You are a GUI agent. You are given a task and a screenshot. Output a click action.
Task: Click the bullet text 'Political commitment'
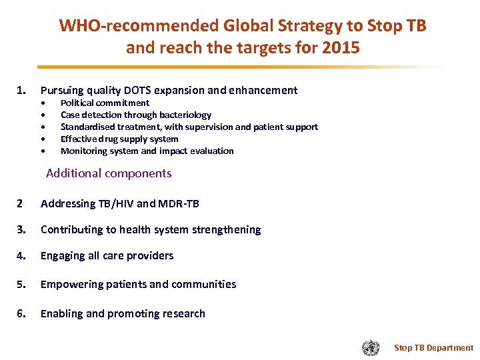click(x=105, y=103)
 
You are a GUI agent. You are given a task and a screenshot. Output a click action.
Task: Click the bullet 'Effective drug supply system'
click(x=119, y=139)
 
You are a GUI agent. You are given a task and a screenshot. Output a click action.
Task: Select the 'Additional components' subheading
click(x=109, y=173)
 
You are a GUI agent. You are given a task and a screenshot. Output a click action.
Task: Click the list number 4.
click(x=21, y=255)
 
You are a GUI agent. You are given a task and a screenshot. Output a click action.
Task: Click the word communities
click(x=203, y=284)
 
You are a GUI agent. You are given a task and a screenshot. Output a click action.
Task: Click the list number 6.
click(x=21, y=313)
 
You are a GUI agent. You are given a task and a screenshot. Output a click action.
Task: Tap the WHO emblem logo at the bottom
click(x=371, y=347)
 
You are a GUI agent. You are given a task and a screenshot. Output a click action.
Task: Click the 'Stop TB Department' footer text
click(x=433, y=347)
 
